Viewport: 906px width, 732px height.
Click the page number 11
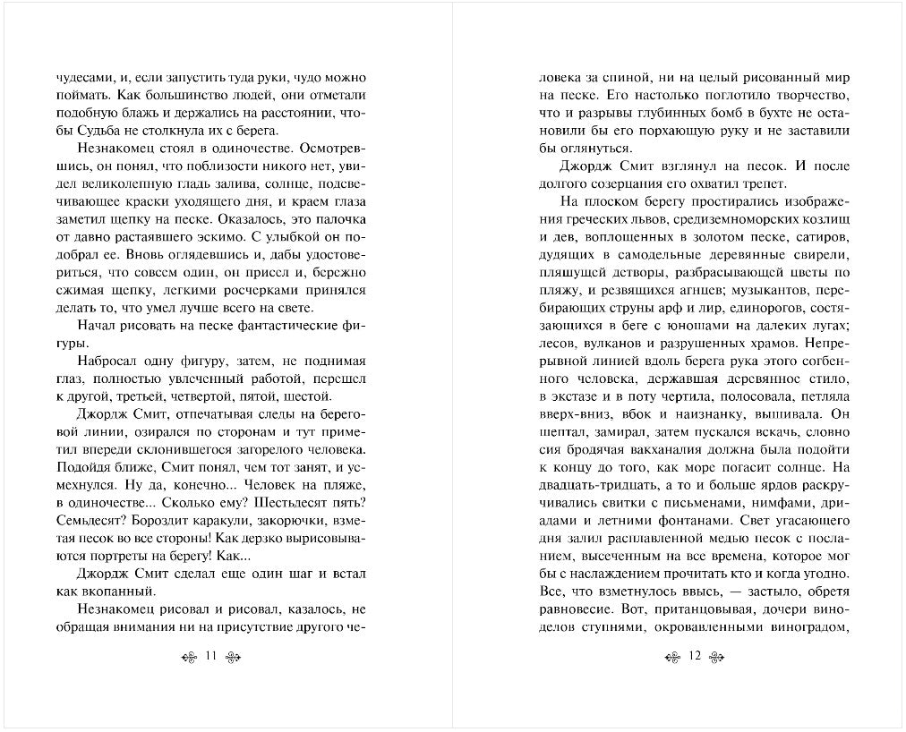coord(211,656)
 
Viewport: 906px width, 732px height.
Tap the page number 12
coord(694,656)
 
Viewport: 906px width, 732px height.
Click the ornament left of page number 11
coord(188,657)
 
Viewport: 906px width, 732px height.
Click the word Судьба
coord(92,131)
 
